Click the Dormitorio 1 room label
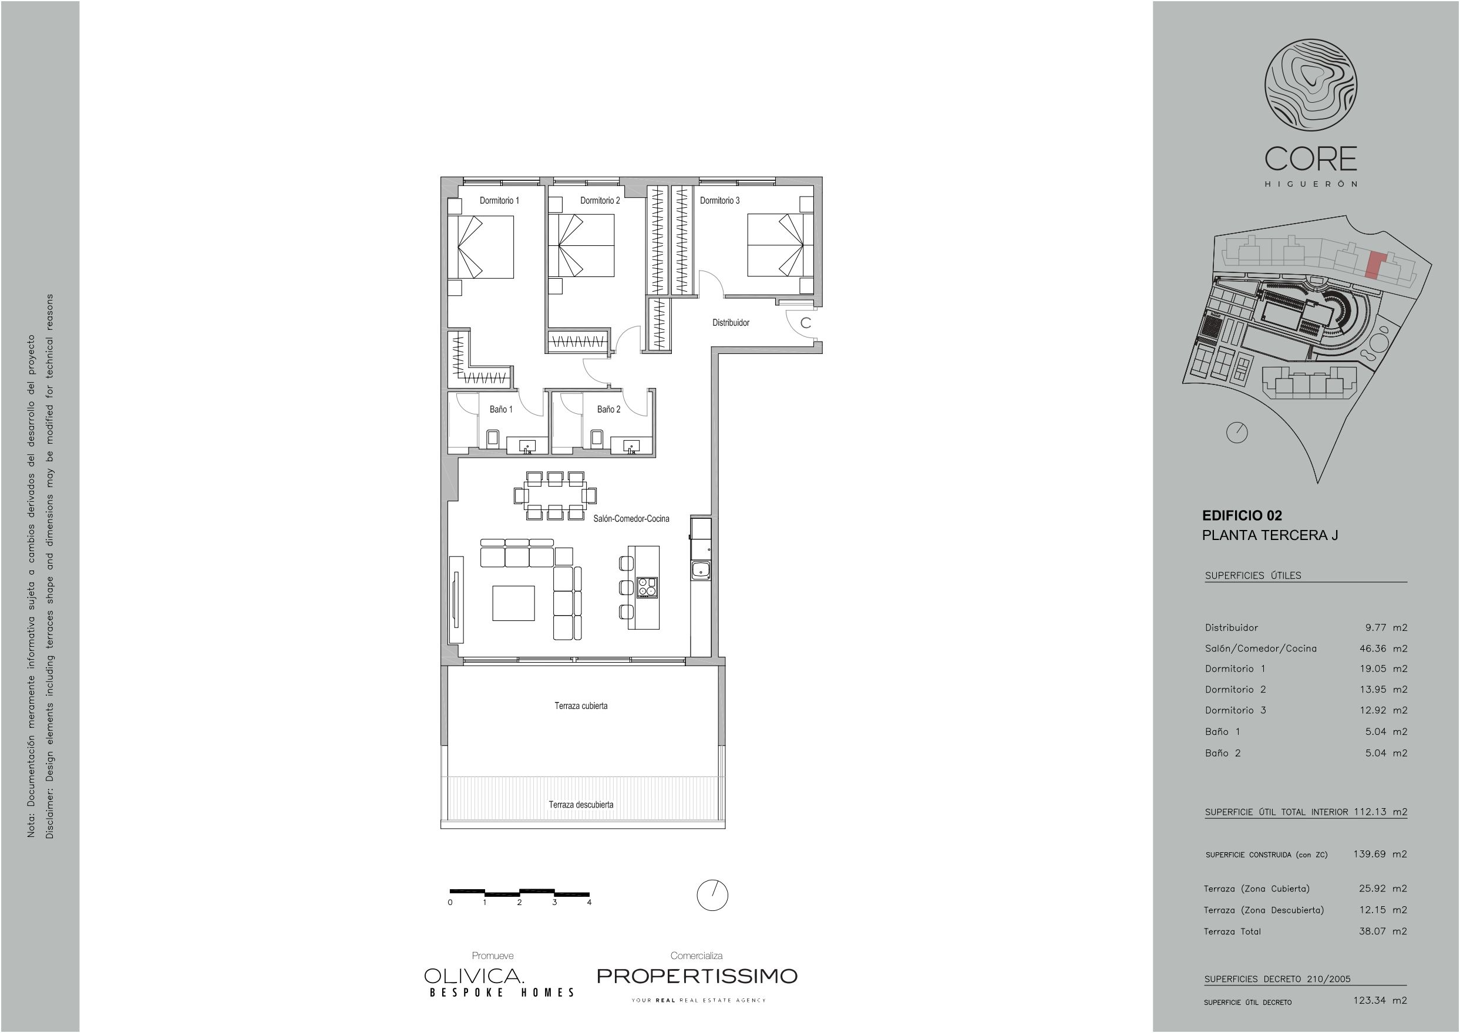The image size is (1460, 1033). [x=499, y=200]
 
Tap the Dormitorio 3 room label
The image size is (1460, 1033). [x=720, y=200]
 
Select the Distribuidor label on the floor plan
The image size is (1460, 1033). [x=731, y=322]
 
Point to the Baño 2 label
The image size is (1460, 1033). [x=608, y=409]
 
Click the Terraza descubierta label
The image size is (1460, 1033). [x=581, y=805]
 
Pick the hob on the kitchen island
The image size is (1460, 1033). [x=647, y=587]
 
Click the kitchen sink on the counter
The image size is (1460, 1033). [x=701, y=570]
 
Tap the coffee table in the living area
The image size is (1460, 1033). [x=513, y=603]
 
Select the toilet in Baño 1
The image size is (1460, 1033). [x=493, y=438]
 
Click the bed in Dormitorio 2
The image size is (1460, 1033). [x=581, y=245]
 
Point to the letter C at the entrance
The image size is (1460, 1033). [x=806, y=322]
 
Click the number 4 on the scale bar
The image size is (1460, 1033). [x=590, y=902]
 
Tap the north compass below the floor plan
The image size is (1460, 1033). [x=712, y=896]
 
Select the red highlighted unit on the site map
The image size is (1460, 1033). [x=1375, y=265]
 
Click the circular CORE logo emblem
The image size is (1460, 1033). [x=1310, y=85]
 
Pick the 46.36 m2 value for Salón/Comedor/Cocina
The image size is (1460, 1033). [x=1383, y=648]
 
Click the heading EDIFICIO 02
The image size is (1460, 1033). [x=1242, y=516]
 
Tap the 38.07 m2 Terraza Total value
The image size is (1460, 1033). [x=1383, y=931]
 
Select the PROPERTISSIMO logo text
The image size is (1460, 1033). [x=697, y=975]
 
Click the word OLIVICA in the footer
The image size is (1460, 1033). [x=474, y=975]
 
